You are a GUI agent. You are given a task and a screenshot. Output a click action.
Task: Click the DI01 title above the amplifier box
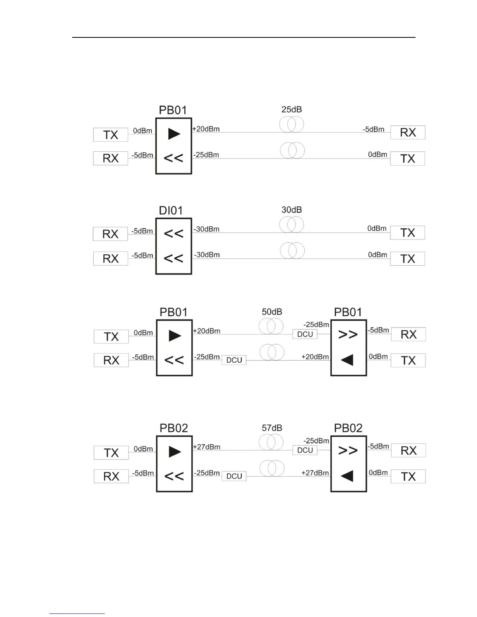pos(171,211)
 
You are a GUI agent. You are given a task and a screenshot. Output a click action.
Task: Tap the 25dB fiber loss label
pos(291,109)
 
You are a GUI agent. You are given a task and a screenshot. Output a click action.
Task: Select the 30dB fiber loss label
pos(291,210)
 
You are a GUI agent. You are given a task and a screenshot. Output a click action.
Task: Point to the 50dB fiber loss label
pos(272,312)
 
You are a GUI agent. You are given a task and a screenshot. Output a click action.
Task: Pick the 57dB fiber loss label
pos(272,428)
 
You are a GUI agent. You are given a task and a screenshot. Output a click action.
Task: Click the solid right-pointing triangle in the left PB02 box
pos(175,452)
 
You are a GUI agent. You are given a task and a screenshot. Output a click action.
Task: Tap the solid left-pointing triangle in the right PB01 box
pos(347,360)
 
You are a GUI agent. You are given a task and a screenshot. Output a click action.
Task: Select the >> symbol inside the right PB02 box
pos(348,451)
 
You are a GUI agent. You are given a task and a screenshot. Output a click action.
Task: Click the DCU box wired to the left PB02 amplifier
pos(234,476)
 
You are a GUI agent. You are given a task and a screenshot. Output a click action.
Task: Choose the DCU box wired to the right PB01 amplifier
pos(305,334)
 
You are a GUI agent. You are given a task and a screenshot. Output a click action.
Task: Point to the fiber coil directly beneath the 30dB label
pos(291,225)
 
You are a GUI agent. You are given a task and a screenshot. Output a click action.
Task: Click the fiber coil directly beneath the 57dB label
pos(271,442)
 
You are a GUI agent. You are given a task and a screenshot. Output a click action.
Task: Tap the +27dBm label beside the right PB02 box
pos(315,473)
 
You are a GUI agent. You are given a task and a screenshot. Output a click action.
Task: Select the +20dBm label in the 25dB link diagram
pos(206,129)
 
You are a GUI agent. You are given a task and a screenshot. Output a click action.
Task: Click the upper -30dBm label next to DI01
pos(207,229)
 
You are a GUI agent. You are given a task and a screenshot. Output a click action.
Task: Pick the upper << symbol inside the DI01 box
pos(173,234)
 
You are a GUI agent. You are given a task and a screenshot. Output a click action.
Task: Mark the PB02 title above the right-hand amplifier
pos(348,428)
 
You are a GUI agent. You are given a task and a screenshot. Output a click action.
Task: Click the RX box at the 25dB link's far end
pos(408,132)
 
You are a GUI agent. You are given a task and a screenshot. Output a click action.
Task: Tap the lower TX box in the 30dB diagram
pos(408,259)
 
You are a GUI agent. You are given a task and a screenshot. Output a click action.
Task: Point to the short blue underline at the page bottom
pos(77,613)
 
